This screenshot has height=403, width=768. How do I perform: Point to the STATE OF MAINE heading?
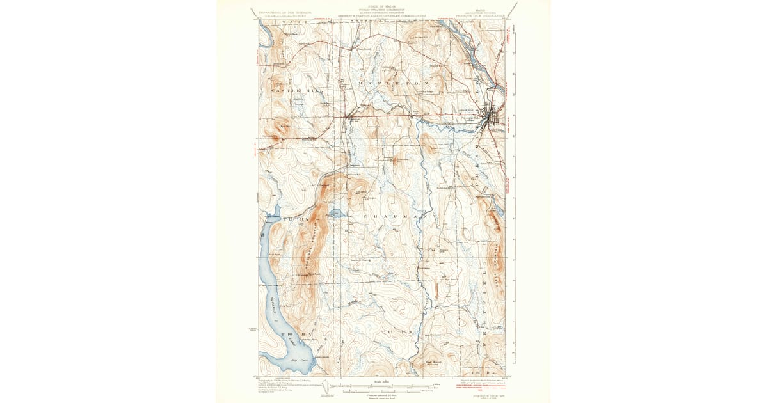tap(383, 6)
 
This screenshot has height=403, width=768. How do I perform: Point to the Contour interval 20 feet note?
tap(383, 395)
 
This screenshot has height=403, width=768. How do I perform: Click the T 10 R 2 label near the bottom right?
tap(488, 371)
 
